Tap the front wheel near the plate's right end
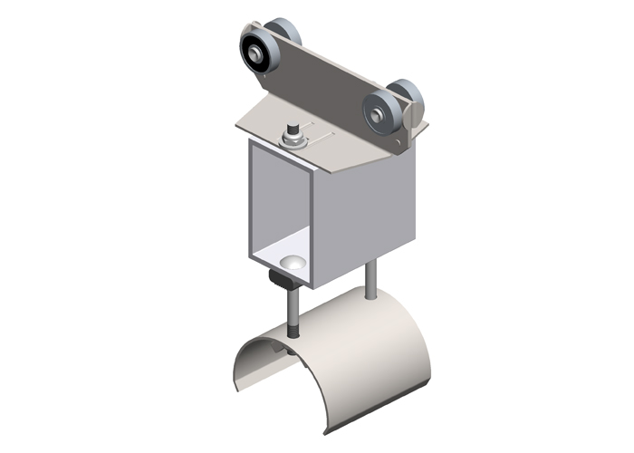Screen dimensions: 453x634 pyautogui.click(x=381, y=112)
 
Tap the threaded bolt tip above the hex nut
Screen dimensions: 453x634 pyautogui.click(x=293, y=129)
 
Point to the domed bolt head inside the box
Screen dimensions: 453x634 pyautogui.click(x=292, y=263)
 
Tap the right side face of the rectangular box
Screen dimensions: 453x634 pyautogui.click(x=362, y=217)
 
